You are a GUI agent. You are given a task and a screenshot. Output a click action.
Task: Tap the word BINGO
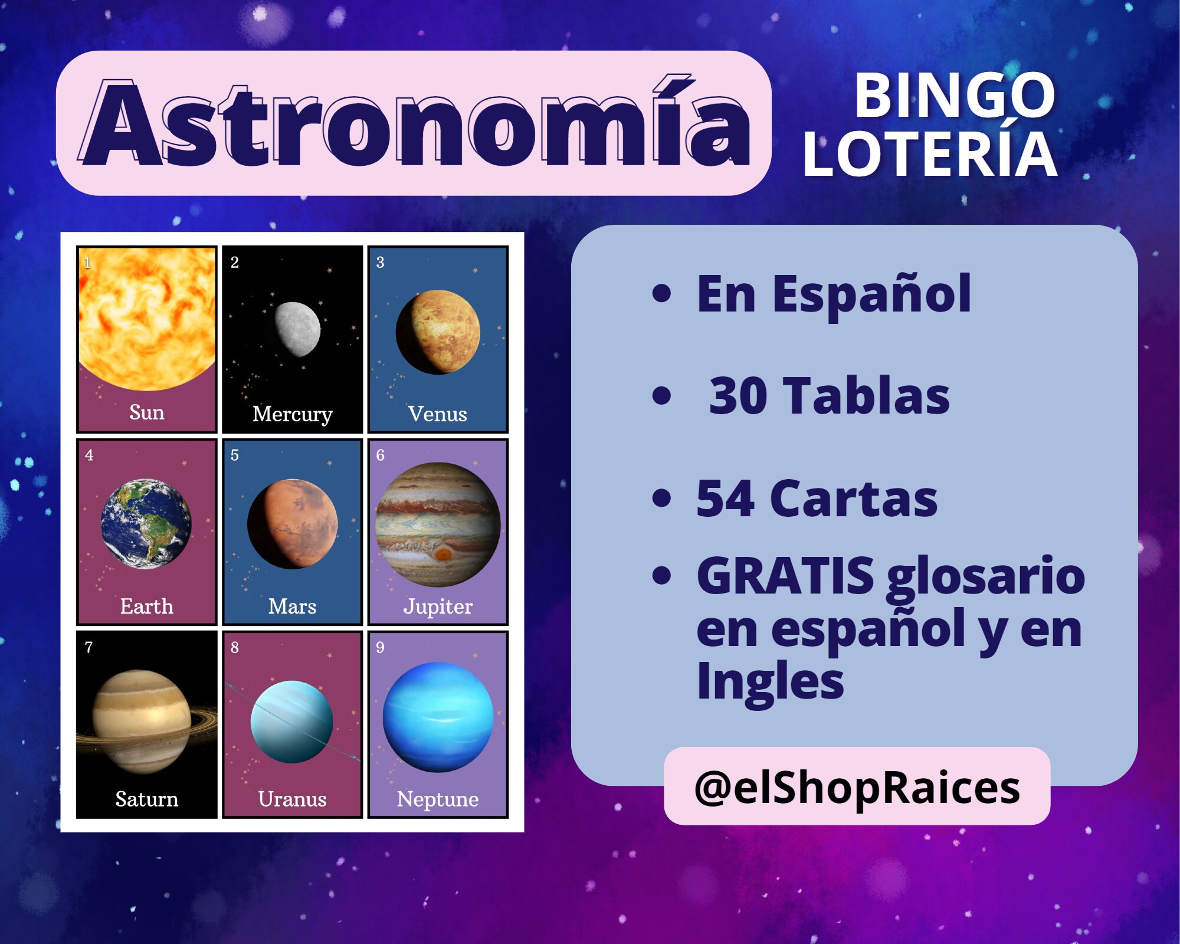(x=954, y=96)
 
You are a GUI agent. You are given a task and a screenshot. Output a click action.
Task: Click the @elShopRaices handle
(x=857, y=787)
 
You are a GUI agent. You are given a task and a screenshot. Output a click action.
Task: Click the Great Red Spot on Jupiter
(x=443, y=553)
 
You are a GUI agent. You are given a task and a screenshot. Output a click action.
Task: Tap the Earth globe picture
(x=146, y=523)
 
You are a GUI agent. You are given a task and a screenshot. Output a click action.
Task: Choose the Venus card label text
(x=437, y=414)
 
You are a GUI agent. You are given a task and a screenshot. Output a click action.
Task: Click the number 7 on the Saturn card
(x=88, y=647)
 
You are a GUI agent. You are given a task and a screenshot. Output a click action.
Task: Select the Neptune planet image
(x=438, y=717)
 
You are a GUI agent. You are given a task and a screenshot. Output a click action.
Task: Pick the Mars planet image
(x=292, y=524)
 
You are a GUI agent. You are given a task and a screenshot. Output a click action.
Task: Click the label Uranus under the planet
(x=292, y=799)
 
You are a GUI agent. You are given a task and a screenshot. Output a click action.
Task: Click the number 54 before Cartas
(x=725, y=499)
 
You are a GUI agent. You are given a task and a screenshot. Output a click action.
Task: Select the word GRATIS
(x=785, y=576)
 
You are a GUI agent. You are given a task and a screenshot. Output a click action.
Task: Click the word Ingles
(x=770, y=681)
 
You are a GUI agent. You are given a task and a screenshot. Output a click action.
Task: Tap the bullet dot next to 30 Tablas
(x=662, y=396)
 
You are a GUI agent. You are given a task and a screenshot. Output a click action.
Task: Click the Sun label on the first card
(x=146, y=412)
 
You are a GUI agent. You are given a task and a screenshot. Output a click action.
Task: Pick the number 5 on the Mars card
(x=235, y=455)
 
